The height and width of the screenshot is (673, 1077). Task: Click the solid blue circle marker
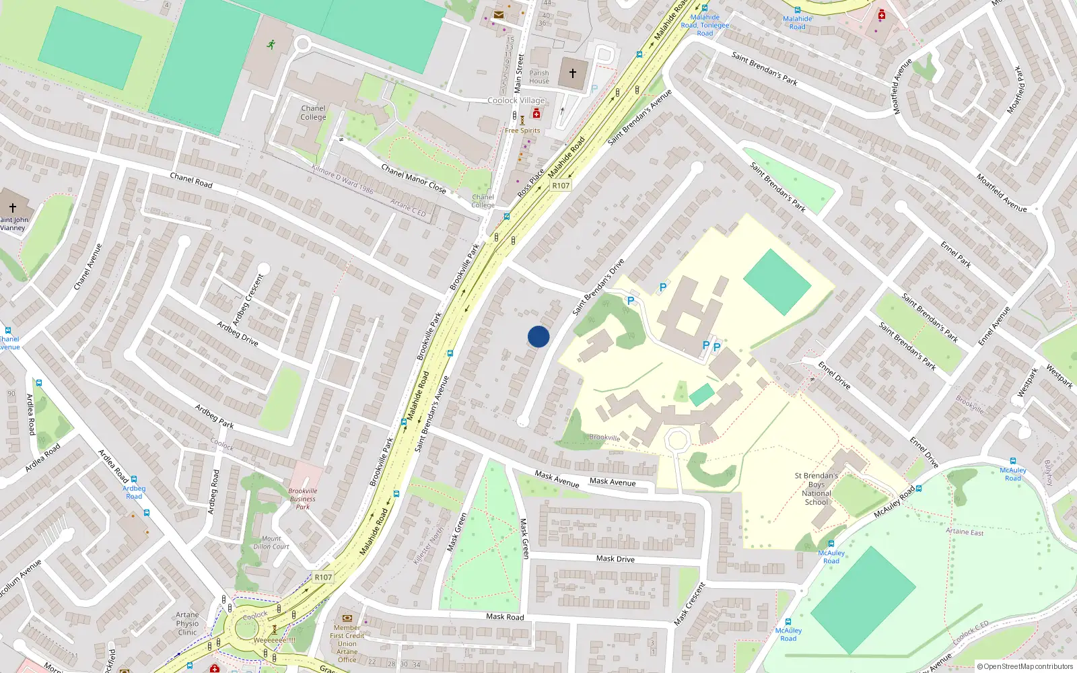coord(538,336)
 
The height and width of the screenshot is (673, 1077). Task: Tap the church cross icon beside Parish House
coord(573,73)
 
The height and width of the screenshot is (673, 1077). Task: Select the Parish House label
coord(539,77)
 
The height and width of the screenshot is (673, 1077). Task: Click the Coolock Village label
coord(516,100)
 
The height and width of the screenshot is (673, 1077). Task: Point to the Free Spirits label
coord(522,131)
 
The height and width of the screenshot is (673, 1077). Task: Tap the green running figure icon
coord(271,45)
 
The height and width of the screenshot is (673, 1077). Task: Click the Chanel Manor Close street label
coord(413,178)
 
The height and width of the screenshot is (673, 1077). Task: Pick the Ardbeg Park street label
coord(214,416)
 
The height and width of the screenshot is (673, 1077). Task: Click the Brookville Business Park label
coord(303,499)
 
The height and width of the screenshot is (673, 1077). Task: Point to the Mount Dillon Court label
coord(271,542)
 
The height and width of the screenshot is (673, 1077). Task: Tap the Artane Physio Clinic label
coord(187,624)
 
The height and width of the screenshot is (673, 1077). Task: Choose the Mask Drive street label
coord(615,559)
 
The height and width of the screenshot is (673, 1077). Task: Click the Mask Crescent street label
coord(690,604)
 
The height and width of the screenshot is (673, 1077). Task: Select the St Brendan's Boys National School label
coord(817,489)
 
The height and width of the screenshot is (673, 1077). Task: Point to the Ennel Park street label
coord(956,254)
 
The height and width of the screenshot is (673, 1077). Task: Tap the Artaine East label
coord(965,532)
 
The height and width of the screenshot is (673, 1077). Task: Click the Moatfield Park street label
coord(1018,90)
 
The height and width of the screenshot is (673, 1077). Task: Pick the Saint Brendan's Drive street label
coord(598,287)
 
